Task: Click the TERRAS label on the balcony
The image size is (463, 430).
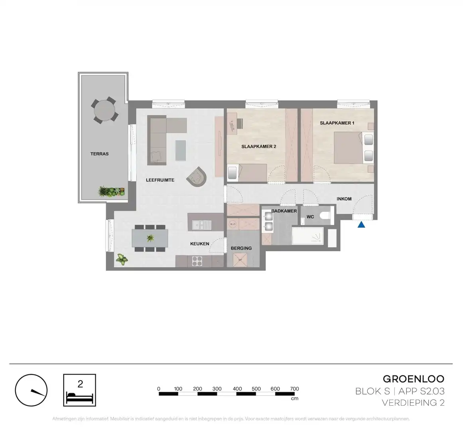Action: click(x=99, y=154)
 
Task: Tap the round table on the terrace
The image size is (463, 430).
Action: click(x=105, y=110)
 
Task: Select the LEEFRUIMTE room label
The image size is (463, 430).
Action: click(x=160, y=180)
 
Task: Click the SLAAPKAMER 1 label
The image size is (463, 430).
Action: click(x=337, y=123)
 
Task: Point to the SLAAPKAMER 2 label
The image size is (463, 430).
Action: click(x=258, y=147)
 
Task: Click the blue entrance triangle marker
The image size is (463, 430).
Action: click(x=361, y=225)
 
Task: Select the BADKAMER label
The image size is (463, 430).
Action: click(x=284, y=211)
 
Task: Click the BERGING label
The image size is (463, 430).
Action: click(x=241, y=248)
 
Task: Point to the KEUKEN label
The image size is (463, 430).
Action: click(x=199, y=244)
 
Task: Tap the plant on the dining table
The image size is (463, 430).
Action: click(x=150, y=238)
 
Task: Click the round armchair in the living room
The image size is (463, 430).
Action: click(x=198, y=176)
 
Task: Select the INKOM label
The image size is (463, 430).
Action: click(x=344, y=199)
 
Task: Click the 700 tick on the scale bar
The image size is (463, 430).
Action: click(x=294, y=389)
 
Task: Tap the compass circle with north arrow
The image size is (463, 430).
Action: click(x=31, y=390)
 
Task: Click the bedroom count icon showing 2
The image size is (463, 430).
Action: click(x=80, y=390)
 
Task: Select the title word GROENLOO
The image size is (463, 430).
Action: click(x=414, y=379)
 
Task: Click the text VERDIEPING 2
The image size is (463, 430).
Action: click(x=413, y=403)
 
